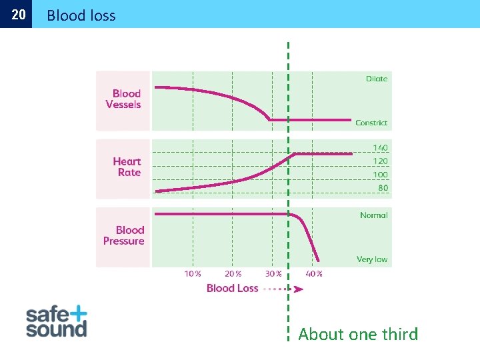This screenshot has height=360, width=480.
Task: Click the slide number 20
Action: point(19,15)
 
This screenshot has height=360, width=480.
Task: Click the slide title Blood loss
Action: point(81,15)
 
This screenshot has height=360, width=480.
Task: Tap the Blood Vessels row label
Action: point(124,99)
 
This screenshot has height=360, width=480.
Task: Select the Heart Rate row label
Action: point(127,167)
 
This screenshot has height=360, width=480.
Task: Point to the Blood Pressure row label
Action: point(124,235)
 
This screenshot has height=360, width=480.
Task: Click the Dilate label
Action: point(377,79)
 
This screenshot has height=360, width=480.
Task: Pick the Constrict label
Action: point(371,123)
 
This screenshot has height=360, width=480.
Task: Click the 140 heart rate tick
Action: point(380,148)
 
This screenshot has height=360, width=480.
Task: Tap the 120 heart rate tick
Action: point(380,161)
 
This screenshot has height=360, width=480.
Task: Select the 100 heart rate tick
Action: point(380,175)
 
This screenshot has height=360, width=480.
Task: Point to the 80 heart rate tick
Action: point(383,188)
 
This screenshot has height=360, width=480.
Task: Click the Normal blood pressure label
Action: point(374,215)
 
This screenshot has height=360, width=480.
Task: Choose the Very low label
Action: point(372,259)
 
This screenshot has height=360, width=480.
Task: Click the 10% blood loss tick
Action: point(193,273)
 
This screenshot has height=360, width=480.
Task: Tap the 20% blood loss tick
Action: point(233,273)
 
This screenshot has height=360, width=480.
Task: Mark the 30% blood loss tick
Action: point(273,273)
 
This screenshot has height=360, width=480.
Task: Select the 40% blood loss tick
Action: point(314,273)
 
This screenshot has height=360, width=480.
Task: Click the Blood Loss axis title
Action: point(232,288)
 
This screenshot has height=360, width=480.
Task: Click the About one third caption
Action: point(358,334)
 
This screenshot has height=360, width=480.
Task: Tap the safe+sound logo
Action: point(57,321)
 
